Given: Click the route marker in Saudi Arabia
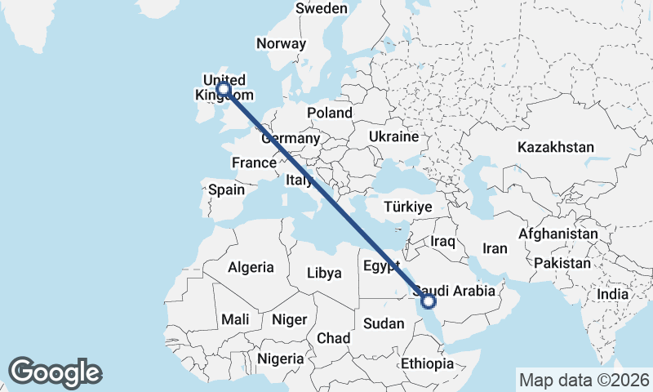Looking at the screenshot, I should click(428, 302).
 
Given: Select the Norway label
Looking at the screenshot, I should click(281, 44).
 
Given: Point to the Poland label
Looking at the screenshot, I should click(330, 113).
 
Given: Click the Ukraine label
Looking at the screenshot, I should click(393, 136).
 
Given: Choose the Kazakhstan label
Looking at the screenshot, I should click(555, 148).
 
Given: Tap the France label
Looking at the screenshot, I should click(254, 163).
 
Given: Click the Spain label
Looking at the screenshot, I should click(226, 189).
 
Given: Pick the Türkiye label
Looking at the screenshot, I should click(408, 207).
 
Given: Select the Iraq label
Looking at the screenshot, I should click(442, 242).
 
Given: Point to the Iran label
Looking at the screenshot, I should click(495, 248).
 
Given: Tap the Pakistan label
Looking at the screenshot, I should click(562, 263).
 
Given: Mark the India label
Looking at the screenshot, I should click(612, 294).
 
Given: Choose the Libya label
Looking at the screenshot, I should click(324, 273).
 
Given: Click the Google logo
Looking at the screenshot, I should click(56, 372).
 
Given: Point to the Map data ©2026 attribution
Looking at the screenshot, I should click(584, 380).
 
